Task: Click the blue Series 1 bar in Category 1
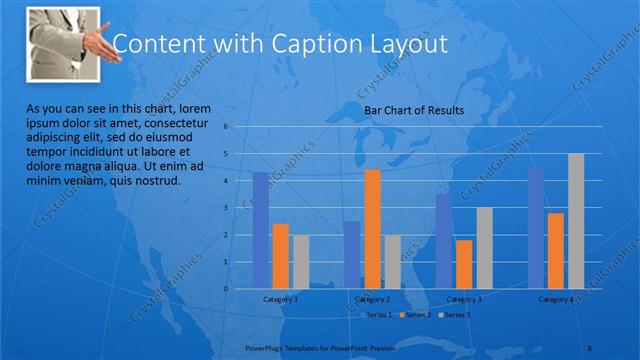point(260,230)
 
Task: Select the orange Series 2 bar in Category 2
point(372,229)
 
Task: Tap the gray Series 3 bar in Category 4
point(576,221)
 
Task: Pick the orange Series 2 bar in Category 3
point(463,264)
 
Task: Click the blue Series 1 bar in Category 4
point(536,228)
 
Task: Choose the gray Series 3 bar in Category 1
point(301,262)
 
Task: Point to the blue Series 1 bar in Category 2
point(351,255)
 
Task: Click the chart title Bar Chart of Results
point(413,110)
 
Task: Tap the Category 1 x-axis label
point(280,299)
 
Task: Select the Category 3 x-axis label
point(463,299)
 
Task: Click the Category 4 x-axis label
point(555,299)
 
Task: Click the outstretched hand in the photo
point(99,44)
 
